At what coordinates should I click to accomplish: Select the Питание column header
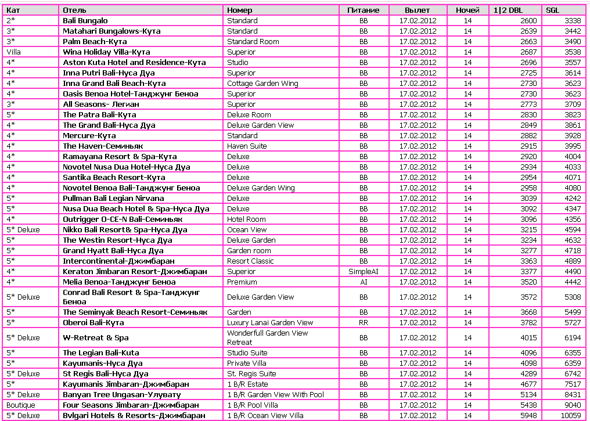[x=364, y=10]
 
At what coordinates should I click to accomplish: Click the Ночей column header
[x=468, y=10]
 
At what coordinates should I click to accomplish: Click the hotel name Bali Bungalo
[x=85, y=21]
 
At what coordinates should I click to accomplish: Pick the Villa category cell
[x=13, y=52]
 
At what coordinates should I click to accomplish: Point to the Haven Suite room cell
[x=247, y=146]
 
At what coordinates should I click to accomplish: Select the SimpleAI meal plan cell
[x=364, y=272]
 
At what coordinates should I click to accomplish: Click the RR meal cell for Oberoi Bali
[x=364, y=323]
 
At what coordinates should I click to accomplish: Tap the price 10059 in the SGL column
[x=570, y=416]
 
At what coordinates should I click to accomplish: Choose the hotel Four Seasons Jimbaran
[x=131, y=405]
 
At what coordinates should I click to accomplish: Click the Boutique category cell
[x=21, y=405]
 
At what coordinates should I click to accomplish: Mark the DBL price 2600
[x=528, y=21]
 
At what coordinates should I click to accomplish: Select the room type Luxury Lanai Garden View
[x=270, y=323]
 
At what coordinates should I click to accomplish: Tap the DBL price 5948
[x=528, y=416]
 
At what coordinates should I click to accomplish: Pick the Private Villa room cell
[x=247, y=364]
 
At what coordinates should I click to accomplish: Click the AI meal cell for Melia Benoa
[x=364, y=282]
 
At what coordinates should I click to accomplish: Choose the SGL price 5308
[x=572, y=297]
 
